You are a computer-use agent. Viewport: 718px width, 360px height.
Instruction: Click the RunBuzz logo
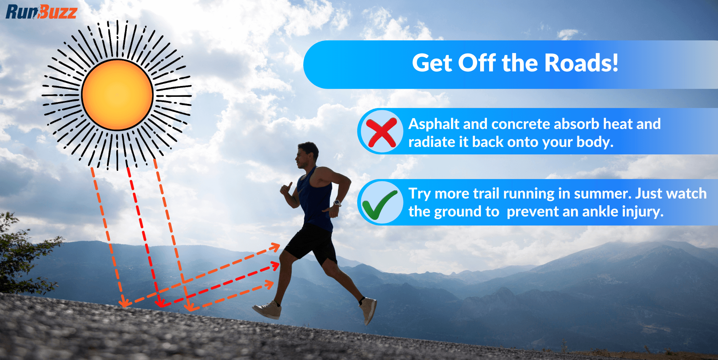pos(41,12)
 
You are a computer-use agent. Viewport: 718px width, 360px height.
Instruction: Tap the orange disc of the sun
pos(117,95)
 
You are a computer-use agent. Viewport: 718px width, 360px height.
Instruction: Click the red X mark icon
pos(381,132)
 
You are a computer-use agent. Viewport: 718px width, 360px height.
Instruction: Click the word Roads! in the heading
pos(581,63)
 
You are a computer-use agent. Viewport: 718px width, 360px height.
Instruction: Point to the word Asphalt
pos(434,124)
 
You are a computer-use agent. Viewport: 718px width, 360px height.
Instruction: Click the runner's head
pos(307,154)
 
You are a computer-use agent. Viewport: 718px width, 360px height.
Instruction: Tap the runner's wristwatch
pos(337,203)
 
